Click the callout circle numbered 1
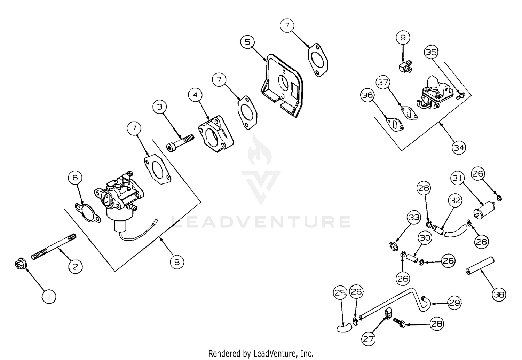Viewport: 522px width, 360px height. click(49, 297)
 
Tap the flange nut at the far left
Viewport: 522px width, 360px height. click(18, 265)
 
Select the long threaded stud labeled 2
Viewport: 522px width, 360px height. click(54, 247)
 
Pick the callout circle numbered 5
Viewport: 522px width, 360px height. click(247, 42)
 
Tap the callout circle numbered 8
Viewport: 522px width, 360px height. click(177, 262)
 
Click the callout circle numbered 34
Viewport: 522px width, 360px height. click(459, 148)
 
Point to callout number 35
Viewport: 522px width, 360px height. click(431, 52)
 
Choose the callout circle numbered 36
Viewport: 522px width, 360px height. click(367, 96)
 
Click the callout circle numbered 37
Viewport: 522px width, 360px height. click(383, 83)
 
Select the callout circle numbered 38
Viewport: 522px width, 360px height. click(499, 295)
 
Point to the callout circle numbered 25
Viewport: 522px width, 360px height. click(340, 293)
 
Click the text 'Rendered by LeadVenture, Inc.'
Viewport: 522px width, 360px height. click(261, 353)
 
